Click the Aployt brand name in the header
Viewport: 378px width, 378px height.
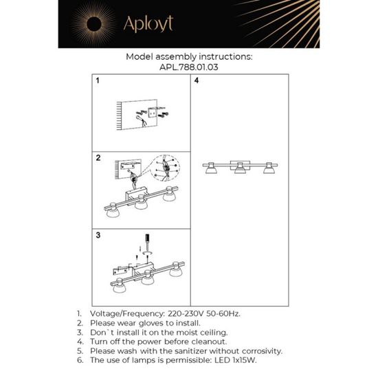point(148,24)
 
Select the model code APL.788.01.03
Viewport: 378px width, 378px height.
point(188,68)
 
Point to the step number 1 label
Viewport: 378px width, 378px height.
point(98,81)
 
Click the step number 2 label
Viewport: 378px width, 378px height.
point(98,158)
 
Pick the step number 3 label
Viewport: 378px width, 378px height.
point(98,235)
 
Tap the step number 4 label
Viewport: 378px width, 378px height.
point(197,81)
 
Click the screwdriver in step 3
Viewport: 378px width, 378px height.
point(146,243)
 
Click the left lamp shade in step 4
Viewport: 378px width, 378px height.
point(212,170)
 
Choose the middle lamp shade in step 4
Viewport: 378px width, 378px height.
point(240,170)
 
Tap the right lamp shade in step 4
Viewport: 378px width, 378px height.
point(268,170)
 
